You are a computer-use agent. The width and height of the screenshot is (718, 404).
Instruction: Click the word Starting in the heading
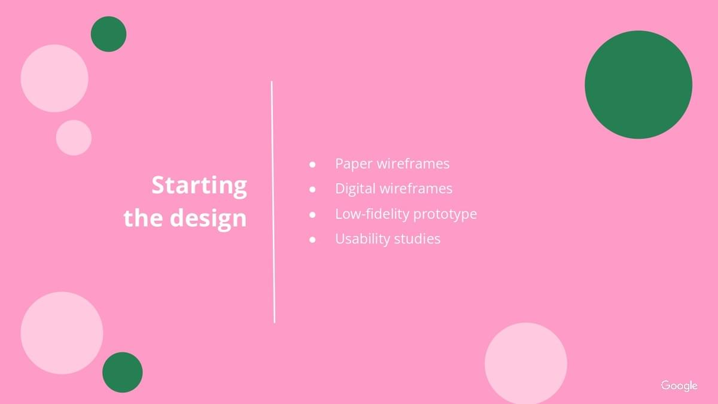point(199,186)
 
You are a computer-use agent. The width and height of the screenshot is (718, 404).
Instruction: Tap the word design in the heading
point(208,218)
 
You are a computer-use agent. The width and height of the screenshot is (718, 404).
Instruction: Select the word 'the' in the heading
point(143,217)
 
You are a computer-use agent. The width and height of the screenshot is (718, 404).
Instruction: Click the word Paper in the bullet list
point(354,164)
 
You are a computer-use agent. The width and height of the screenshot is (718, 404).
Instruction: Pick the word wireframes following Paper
point(413,163)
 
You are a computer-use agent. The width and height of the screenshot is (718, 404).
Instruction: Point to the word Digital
point(355,189)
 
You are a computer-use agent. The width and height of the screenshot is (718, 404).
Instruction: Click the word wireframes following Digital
point(416,189)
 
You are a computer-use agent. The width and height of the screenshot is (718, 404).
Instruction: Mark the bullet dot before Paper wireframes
point(312,165)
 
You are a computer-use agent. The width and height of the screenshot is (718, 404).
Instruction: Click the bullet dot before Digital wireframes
point(312,190)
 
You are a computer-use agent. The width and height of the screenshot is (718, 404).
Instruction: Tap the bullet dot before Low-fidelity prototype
point(312,214)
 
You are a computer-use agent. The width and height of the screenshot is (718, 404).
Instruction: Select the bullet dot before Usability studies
point(312,239)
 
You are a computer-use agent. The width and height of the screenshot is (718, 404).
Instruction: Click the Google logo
point(679,385)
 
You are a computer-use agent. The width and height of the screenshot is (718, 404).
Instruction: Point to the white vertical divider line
point(273,202)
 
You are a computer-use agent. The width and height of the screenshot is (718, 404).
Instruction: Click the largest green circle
point(638,84)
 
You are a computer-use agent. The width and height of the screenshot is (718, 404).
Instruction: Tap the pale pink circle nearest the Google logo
point(526,363)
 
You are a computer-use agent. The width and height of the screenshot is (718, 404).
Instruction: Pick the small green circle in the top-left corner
point(109,34)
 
